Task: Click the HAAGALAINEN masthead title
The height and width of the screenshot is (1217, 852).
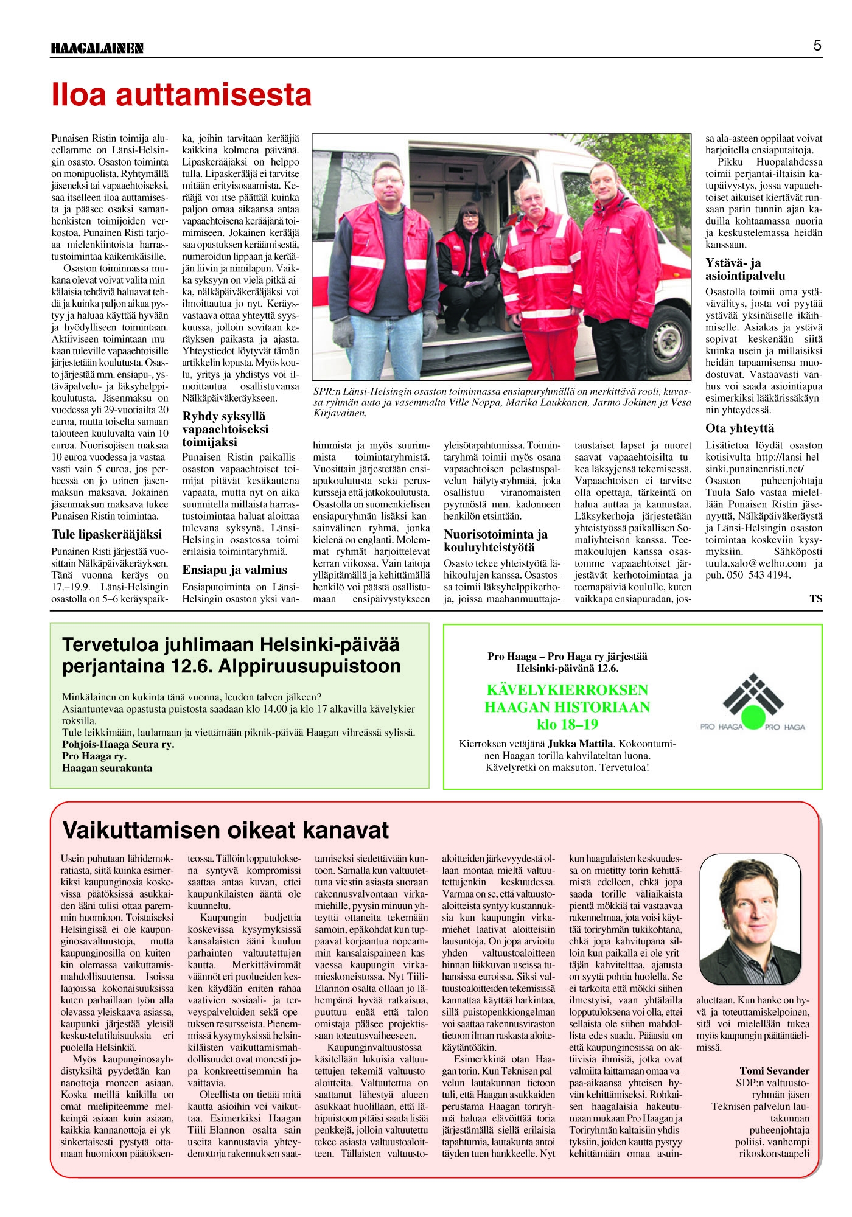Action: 97,48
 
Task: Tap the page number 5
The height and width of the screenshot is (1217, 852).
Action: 817,46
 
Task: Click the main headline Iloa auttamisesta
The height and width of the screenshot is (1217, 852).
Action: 181,95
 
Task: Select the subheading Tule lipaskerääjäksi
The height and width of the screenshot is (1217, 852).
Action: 106,534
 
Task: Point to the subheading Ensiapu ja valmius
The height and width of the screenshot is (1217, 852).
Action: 234,570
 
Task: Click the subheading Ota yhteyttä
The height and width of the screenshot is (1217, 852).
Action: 739,428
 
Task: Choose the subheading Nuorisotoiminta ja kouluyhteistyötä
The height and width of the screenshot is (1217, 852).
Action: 495,540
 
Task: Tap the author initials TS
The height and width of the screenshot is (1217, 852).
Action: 815,599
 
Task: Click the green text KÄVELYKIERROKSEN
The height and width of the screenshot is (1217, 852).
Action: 567,690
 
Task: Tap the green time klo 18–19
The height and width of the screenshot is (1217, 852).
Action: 567,724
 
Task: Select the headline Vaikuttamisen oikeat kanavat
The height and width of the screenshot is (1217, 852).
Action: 226,830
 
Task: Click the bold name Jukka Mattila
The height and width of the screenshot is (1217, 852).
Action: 580,744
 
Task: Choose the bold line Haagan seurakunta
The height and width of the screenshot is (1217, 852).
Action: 107,768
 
